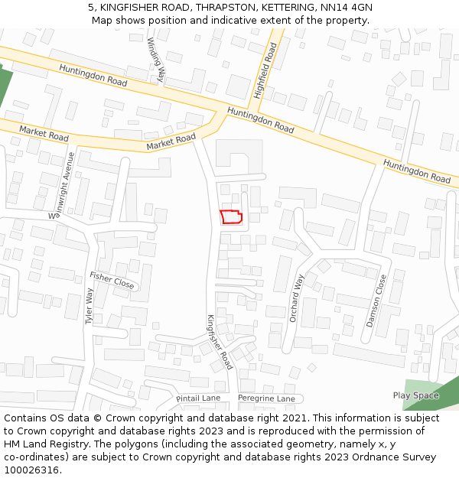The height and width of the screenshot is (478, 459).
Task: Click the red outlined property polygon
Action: tap(231, 216)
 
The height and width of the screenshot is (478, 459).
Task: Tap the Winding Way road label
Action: tap(156, 59)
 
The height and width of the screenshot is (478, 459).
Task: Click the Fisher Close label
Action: tap(112, 280)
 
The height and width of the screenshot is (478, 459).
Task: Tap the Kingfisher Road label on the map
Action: tap(219, 341)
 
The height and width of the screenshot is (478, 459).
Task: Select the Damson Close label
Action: tap(376, 301)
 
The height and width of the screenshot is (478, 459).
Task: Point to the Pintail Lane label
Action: tap(198, 398)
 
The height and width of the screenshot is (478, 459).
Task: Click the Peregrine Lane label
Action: tap(266, 398)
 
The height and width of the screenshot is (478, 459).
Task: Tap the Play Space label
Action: tap(415, 395)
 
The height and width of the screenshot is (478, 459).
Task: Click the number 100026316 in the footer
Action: tap(31, 470)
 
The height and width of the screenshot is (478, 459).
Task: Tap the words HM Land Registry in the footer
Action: tap(38, 444)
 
